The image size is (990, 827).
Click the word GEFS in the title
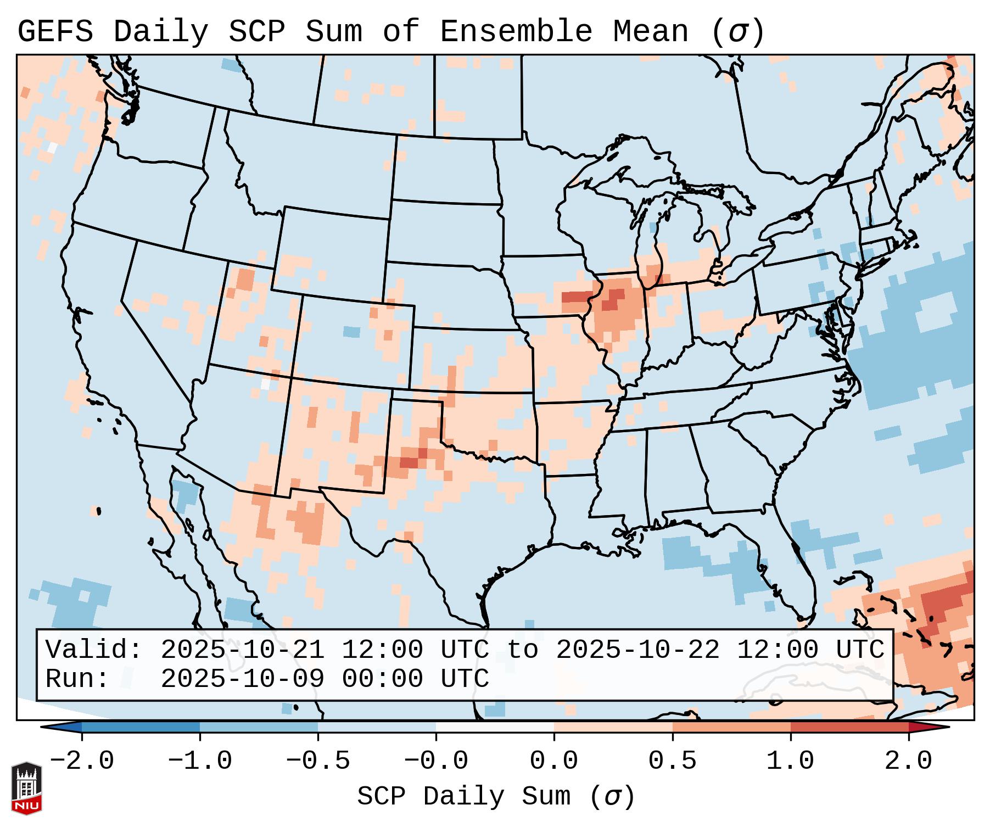tap(55, 31)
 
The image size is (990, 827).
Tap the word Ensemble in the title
tap(516, 31)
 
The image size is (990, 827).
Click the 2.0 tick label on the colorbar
tap(908, 761)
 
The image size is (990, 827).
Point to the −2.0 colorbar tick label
tap(82, 761)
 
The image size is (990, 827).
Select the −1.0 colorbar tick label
tap(200, 761)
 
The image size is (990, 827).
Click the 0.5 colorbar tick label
tap(672, 761)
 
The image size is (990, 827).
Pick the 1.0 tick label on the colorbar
tap(790, 761)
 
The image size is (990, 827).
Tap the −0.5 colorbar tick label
tap(318, 761)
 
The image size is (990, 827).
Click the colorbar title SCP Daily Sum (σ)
tap(496, 796)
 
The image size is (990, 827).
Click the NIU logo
tap(26, 788)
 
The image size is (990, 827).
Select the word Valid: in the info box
tap(94, 650)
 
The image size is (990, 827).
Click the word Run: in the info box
tap(77, 679)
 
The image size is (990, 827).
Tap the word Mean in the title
tap(651, 31)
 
